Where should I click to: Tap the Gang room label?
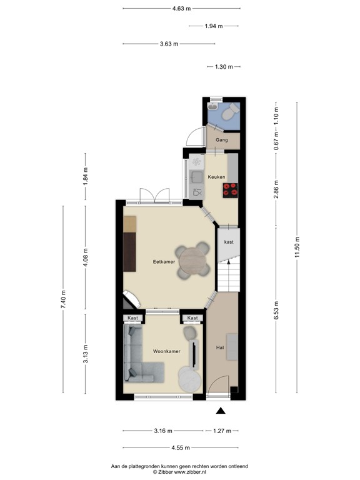tap(221, 141)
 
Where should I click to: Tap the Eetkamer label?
tap(164, 262)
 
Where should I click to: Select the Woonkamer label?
tap(167, 351)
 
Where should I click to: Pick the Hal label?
tap(220, 347)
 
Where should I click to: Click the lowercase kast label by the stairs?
tap(229, 241)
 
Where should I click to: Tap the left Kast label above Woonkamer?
tap(132, 318)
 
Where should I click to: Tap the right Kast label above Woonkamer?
tap(192, 318)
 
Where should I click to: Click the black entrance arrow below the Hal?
tap(221, 411)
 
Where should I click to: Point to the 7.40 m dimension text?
tap(62, 300)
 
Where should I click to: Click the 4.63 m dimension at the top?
tap(181, 9)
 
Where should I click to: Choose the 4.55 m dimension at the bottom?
tap(181, 447)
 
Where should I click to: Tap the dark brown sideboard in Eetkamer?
tap(130, 251)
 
